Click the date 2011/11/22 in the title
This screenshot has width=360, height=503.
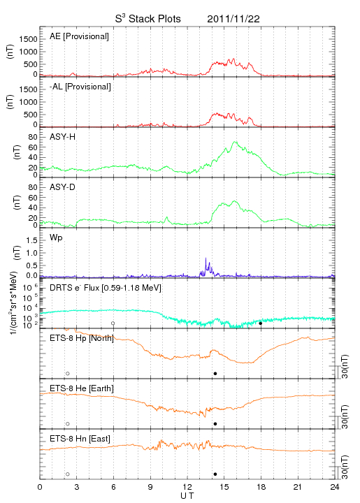click(233, 19)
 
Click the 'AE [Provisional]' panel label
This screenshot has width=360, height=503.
click(79, 36)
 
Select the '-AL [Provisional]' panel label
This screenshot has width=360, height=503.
click(80, 87)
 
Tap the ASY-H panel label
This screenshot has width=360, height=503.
click(63, 137)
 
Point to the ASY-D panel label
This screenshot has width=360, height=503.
click(63, 187)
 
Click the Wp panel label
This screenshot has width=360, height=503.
click(56, 238)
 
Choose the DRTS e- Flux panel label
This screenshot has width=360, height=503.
click(106, 288)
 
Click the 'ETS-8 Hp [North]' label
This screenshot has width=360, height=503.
click(82, 338)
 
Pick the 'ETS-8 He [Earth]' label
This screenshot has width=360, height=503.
click(82, 388)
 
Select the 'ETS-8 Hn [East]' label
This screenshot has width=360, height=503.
click(80, 439)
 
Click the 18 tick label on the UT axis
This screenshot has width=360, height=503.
click(261, 487)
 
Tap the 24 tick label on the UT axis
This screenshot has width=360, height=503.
click(335, 487)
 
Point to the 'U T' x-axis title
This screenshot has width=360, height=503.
click(187, 496)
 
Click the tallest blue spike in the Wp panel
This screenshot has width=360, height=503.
click(206, 258)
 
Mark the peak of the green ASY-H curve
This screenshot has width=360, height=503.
click(235, 141)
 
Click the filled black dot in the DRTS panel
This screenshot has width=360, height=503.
click(261, 323)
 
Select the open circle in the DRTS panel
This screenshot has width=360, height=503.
click(113, 323)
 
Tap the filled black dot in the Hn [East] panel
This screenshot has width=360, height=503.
click(215, 474)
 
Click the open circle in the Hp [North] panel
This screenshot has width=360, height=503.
click(68, 373)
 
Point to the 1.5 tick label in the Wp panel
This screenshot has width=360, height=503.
click(31, 240)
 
